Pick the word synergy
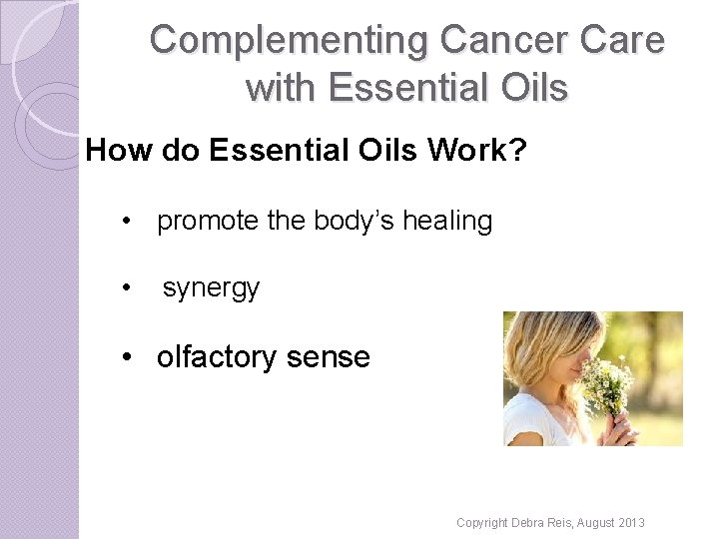click(211, 288)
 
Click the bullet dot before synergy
click(127, 288)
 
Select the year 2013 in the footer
click(630, 523)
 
